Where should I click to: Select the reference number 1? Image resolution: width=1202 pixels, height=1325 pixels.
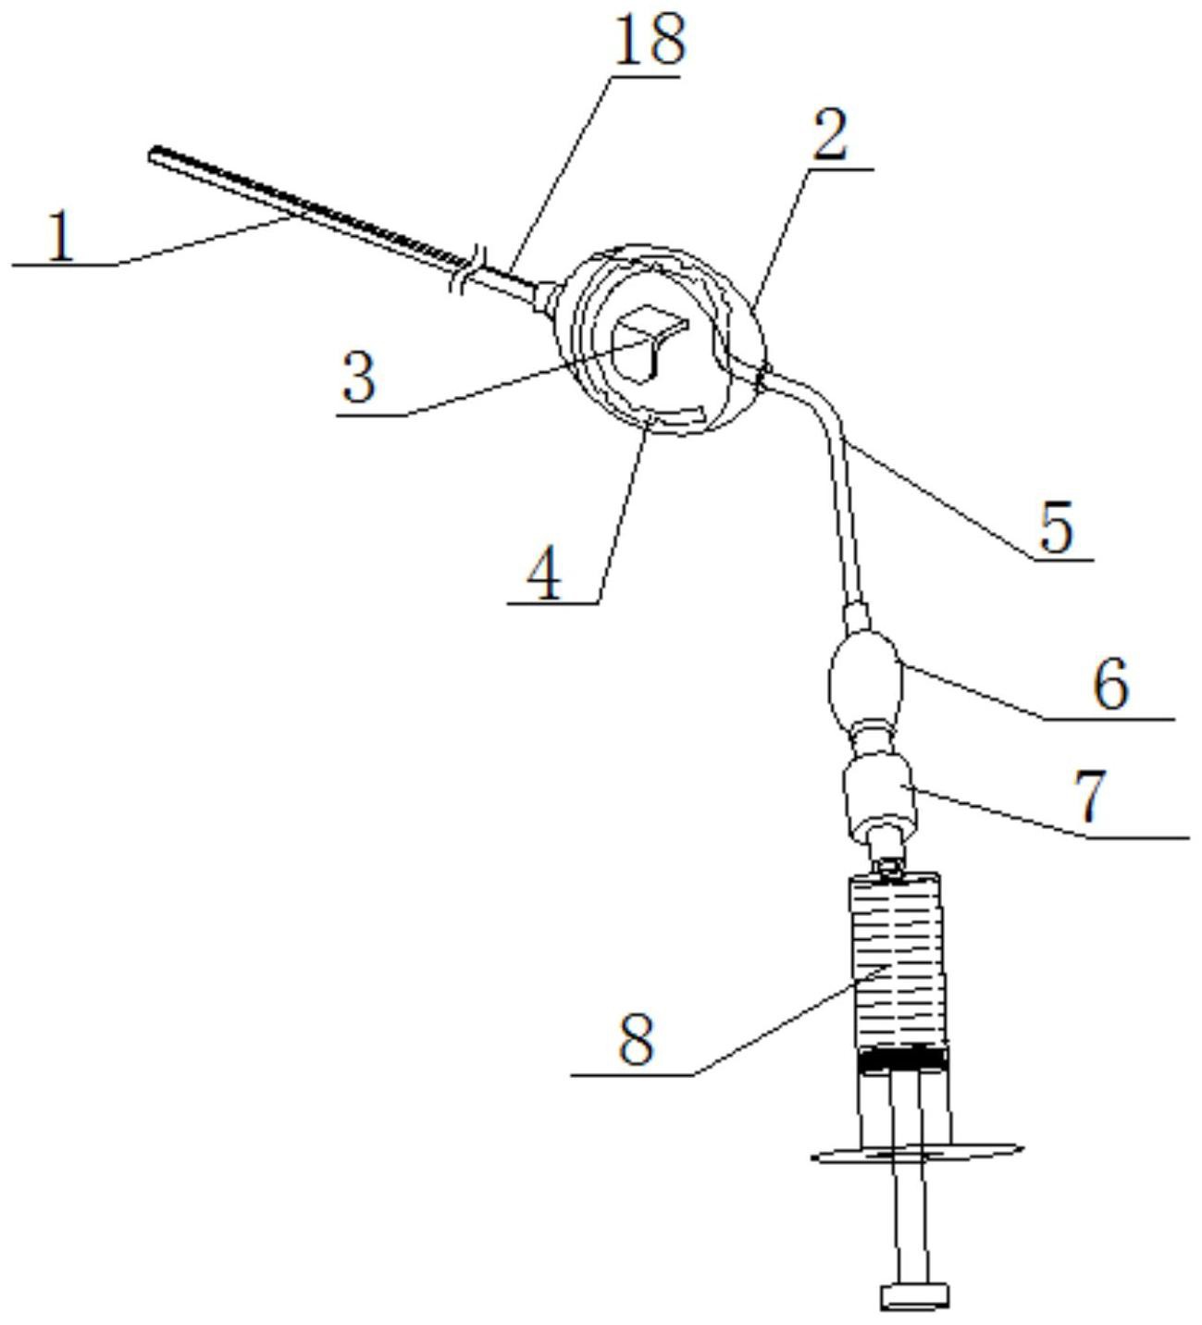61,237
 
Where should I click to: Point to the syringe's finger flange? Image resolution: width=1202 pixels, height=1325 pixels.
918,1152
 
